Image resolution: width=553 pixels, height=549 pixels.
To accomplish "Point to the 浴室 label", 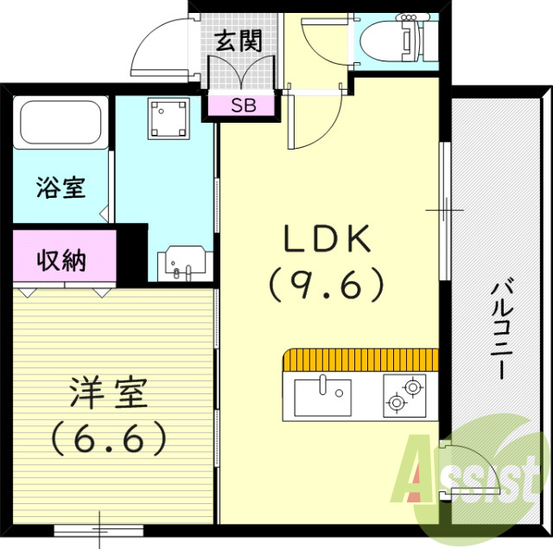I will [x=61, y=188].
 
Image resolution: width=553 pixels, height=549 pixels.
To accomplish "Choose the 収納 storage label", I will [x=61, y=260].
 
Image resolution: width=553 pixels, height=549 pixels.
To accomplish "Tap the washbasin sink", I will [x=182, y=261].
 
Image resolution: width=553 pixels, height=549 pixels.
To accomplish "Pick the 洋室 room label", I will [x=109, y=394].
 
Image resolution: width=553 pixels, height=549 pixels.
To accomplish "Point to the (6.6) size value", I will [x=109, y=440].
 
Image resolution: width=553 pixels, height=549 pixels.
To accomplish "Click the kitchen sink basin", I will [x=322, y=396].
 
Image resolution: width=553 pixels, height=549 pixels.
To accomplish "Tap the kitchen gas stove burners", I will [x=404, y=394].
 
